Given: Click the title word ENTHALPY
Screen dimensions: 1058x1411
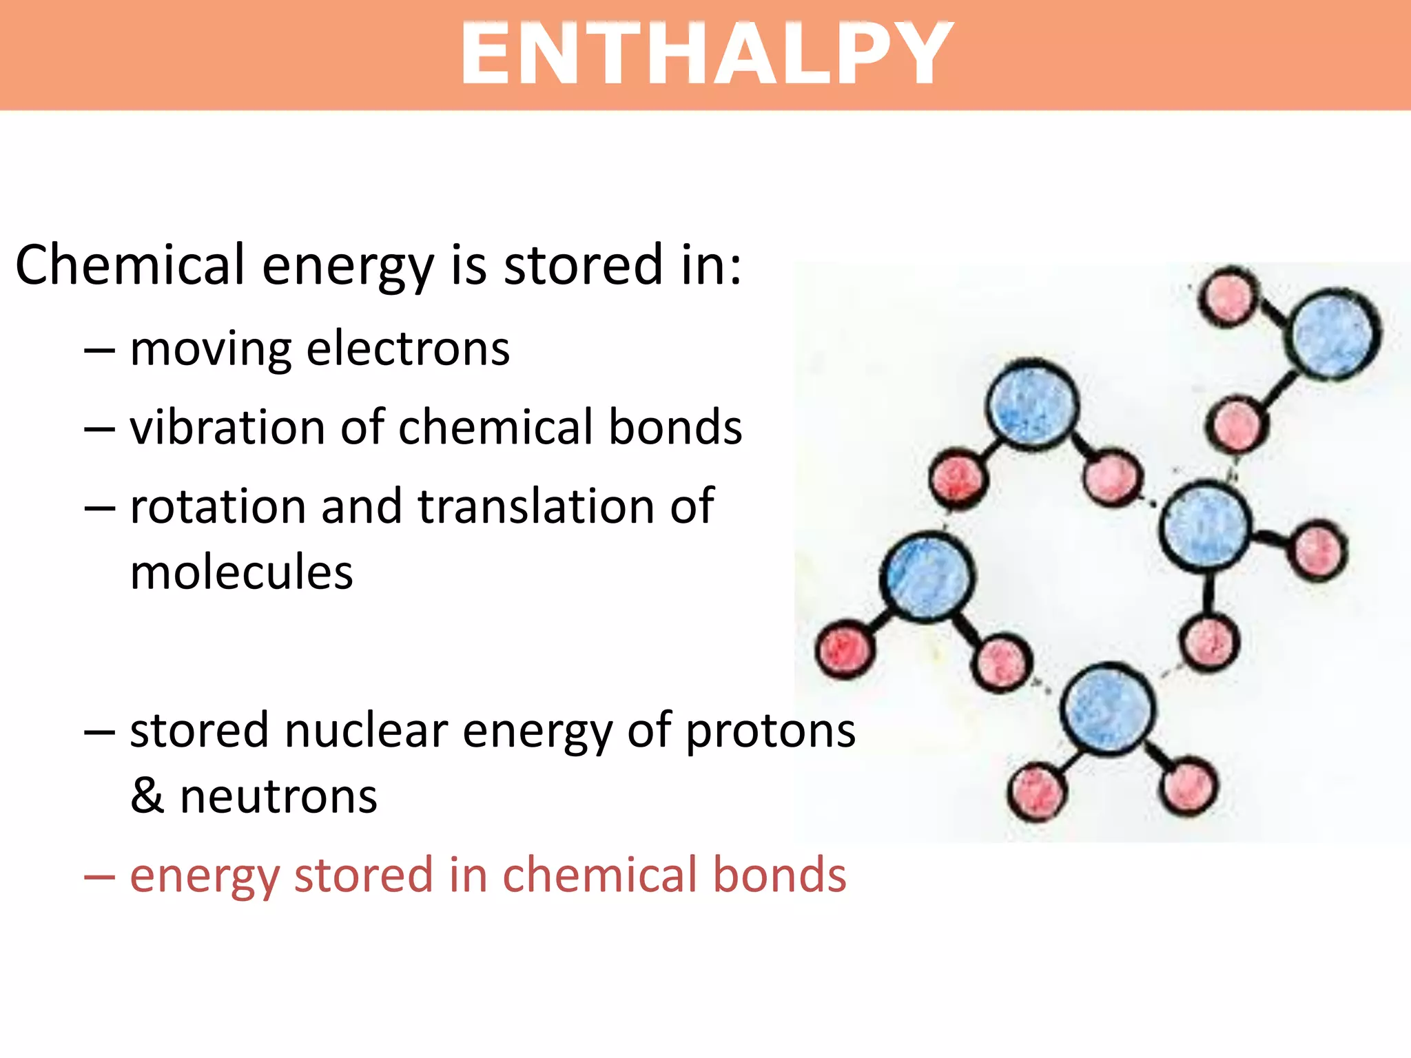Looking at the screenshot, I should coord(706,54).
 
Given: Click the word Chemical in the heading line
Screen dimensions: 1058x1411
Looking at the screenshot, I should coord(130,265).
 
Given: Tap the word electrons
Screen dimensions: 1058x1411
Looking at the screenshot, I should coord(408,349).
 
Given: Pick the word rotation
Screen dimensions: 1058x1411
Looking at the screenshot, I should coord(218,507).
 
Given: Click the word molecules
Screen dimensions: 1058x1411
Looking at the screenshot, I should coord(241,572).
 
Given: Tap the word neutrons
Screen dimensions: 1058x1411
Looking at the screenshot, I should coord(278,797).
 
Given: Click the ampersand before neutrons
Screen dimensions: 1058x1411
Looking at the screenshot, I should coord(147,796).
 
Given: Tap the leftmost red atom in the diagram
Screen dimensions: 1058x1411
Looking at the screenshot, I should coord(845,649).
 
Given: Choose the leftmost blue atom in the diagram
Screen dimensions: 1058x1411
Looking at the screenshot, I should coord(927,577).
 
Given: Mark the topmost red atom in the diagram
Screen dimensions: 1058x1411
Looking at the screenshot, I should coord(1228,297).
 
